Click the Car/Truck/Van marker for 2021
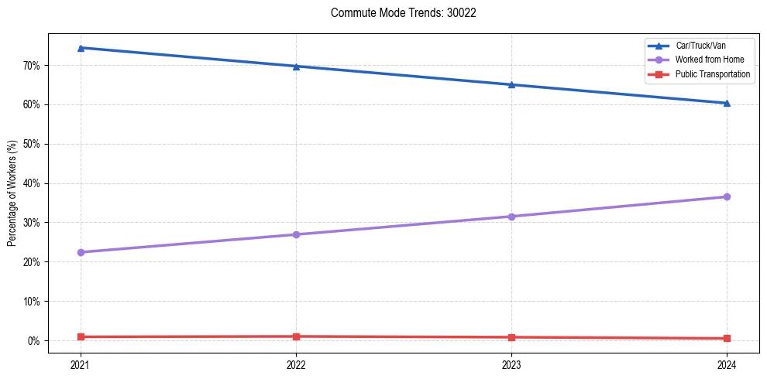pos(81,48)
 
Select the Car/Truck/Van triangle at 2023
pos(511,84)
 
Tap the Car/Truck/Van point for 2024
pos(727,103)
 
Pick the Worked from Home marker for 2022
pos(296,234)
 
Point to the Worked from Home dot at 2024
pos(727,196)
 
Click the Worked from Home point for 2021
pos(81,252)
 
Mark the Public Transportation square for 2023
pos(511,337)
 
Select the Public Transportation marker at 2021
pos(81,336)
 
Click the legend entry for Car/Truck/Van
pos(700,46)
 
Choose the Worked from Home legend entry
pos(710,60)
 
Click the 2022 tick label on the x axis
pos(296,364)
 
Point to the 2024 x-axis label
pos(727,364)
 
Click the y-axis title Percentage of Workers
pos(12,193)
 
